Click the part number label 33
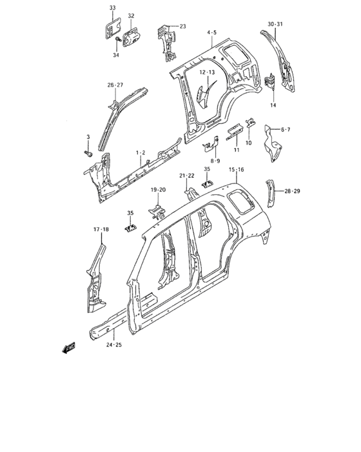113,8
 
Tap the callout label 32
131,16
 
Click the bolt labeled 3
88,154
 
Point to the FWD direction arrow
69,348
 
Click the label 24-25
113,345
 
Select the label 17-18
101,229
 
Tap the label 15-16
237,169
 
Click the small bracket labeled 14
269,81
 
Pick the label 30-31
275,25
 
